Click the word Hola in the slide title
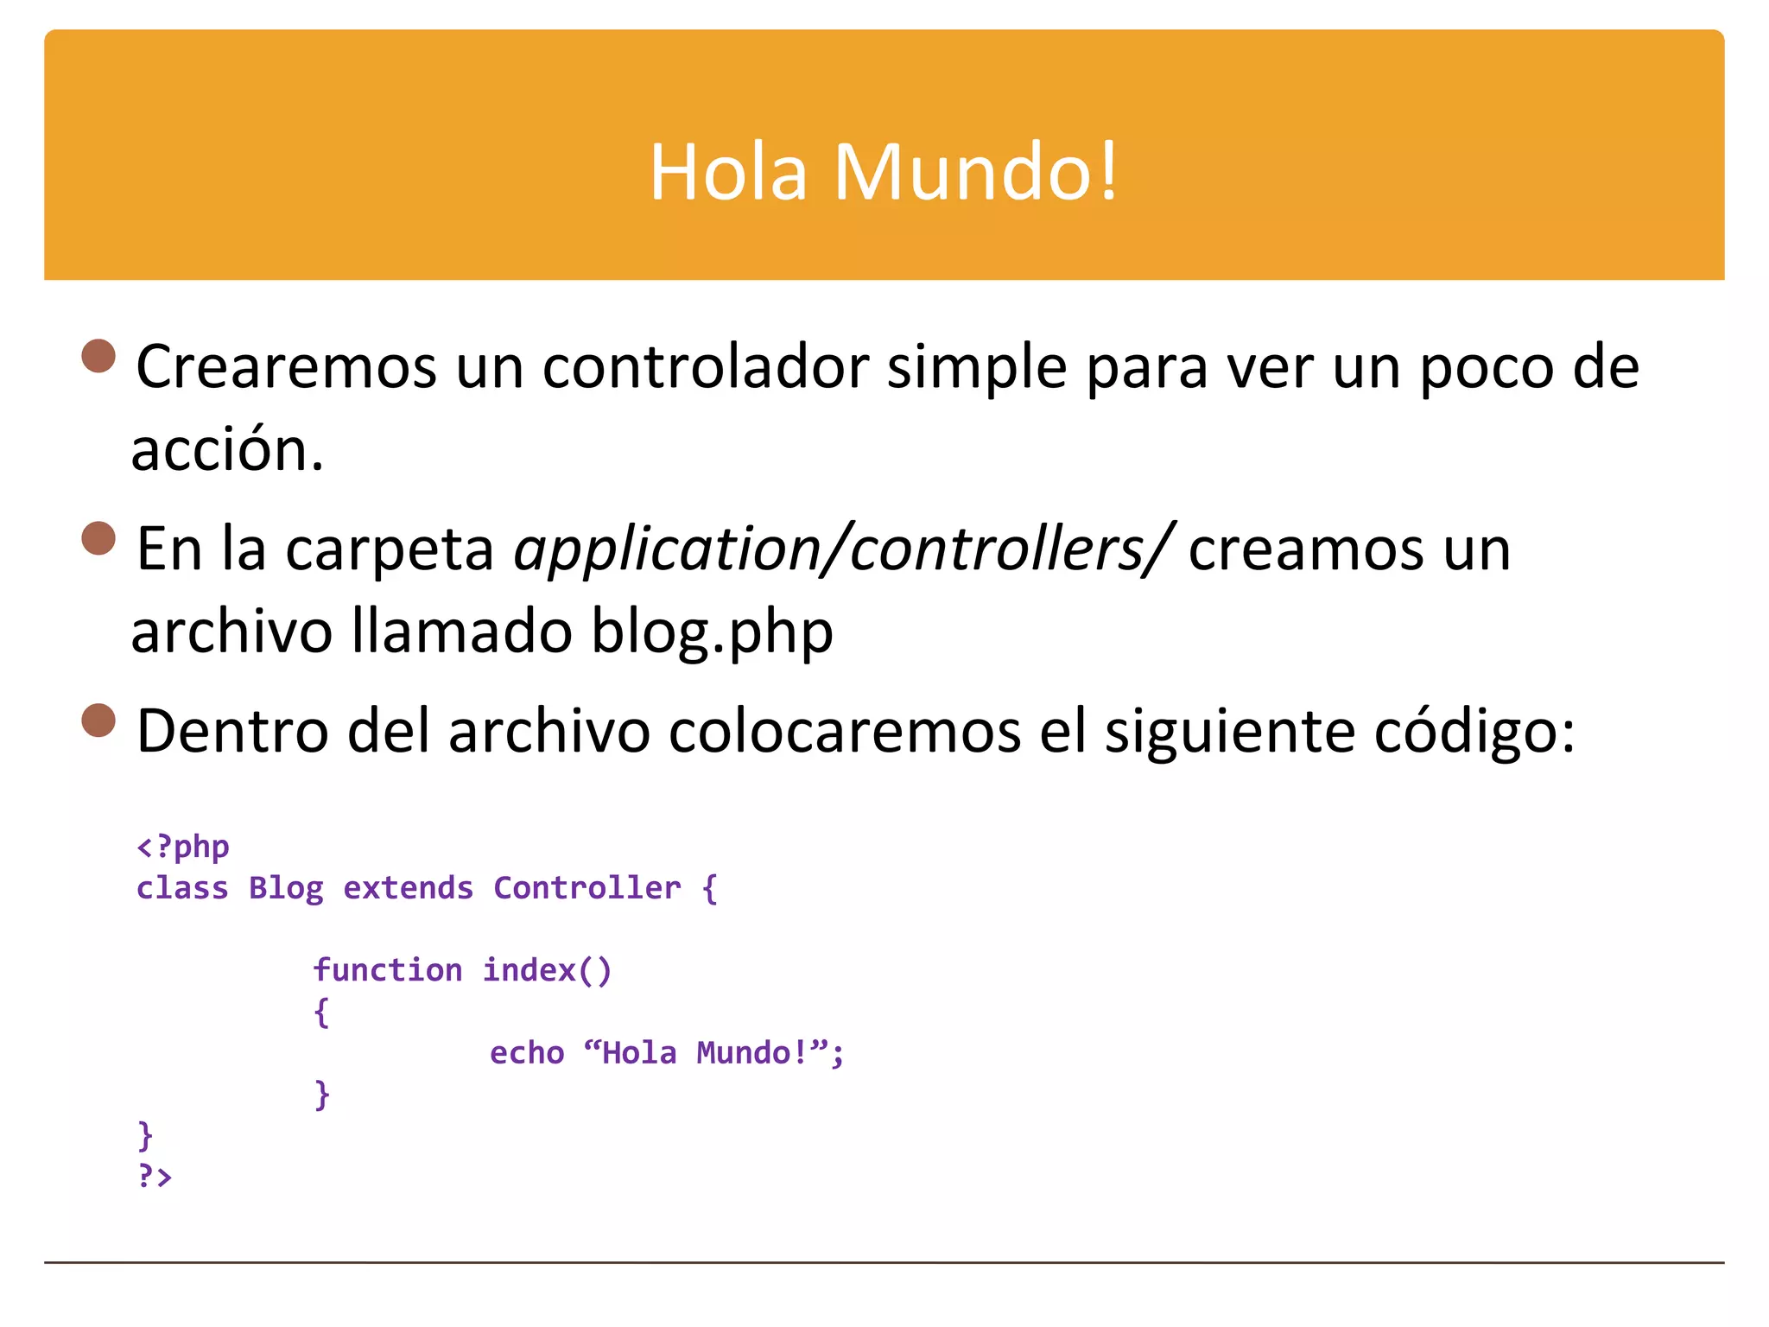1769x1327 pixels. pyautogui.click(x=727, y=172)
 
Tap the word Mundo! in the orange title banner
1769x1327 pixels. pyautogui.click(x=975, y=172)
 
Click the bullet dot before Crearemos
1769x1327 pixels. pyautogui.click(x=98, y=356)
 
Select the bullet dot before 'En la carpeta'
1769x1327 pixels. pyautogui.click(x=98, y=537)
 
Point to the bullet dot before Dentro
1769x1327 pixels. pyautogui.click(x=98, y=720)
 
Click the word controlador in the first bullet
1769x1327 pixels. pyautogui.click(x=705, y=367)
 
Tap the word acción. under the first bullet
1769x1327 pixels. pyautogui.click(x=227, y=451)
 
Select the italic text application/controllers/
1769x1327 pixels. pyautogui.click(x=843, y=549)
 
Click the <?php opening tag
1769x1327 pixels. pyautogui.click(x=183, y=847)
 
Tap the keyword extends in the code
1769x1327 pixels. pyautogui.click(x=408, y=888)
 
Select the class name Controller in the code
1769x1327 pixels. pyautogui.click(x=586, y=888)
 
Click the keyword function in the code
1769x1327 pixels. pyautogui.click(x=388, y=970)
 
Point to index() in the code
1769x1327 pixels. pyautogui.click(x=547, y=970)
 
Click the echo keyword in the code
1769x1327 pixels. pyautogui.click(x=527, y=1053)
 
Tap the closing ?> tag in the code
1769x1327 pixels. pyautogui.click(x=155, y=1176)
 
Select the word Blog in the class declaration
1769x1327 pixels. pyautogui.click(x=286, y=888)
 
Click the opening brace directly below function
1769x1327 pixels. pyautogui.click(x=321, y=1012)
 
